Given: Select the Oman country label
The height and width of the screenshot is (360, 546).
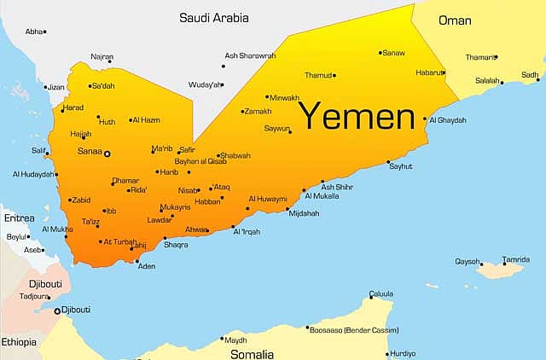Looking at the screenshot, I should (x=455, y=20).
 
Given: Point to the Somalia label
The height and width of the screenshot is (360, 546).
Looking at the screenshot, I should (x=251, y=353).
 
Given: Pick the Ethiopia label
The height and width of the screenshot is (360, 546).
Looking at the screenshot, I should (x=19, y=342).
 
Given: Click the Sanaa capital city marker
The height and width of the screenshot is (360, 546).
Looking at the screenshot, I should (x=107, y=154).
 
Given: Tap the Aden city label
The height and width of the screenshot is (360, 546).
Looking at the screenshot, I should (x=147, y=266).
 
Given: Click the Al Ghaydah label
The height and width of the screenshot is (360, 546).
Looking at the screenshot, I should (x=448, y=120).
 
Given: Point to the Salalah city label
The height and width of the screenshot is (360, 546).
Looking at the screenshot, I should (x=487, y=80).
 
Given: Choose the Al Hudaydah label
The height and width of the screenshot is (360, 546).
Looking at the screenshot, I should (x=33, y=175).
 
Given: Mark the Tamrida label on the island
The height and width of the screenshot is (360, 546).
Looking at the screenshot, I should (x=515, y=259).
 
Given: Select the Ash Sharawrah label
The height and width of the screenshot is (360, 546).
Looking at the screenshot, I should (x=250, y=55).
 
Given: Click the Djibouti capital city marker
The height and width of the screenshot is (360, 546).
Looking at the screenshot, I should (x=58, y=311).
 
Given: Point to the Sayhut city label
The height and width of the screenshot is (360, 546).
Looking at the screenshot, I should (x=400, y=166).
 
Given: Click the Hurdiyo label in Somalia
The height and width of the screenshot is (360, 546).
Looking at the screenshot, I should (x=403, y=353).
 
